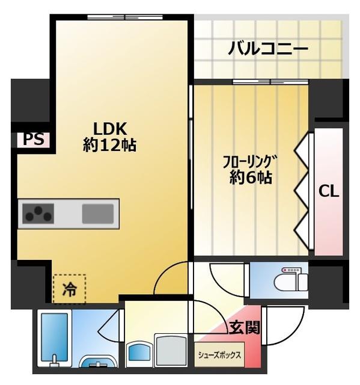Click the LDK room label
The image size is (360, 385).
point(109,128)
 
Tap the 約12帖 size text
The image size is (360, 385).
point(109,145)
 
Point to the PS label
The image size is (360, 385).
point(34,140)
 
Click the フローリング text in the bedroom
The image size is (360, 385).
point(249,161)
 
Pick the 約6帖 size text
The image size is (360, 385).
point(250,178)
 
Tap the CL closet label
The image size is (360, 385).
point(329,192)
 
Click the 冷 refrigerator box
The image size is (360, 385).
point(69,289)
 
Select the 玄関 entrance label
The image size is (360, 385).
point(244,328)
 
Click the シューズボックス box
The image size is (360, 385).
point(219,356)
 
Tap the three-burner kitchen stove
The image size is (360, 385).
point(38,212)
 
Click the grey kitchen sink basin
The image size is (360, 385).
point(97,213)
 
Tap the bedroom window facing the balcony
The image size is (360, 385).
point(269,82)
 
